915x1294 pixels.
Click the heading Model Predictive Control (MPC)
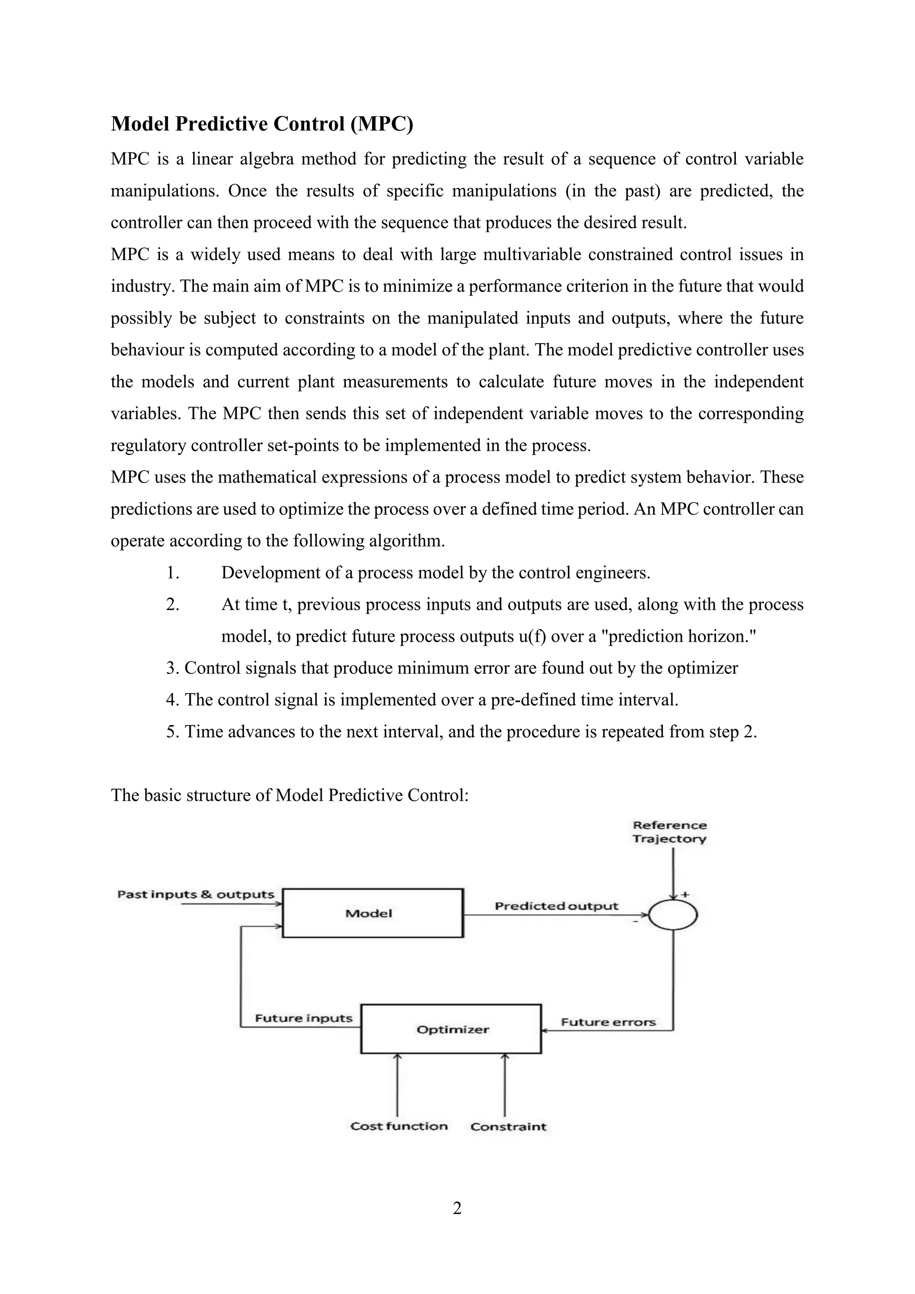pos(261,124)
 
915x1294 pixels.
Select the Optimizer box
pos(451,1029)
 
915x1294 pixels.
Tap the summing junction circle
pos(673,914)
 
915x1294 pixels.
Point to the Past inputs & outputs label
pos(196,895)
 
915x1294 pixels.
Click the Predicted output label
pos(556,906)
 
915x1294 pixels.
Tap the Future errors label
pos(608,1022)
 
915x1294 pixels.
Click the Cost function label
pos(399,1126)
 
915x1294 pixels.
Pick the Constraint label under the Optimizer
pos(508,1126)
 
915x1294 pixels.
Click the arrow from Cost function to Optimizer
pos(398,1085)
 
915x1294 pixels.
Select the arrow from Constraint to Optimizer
pos(505,1085)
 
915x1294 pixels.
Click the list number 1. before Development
pos(172,573)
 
